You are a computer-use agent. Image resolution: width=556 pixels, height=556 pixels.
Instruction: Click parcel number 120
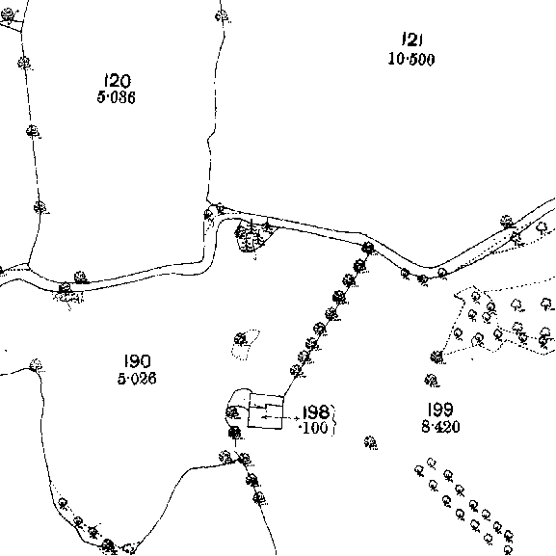[117, 81]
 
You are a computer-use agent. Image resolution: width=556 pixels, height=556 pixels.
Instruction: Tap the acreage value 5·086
[117, 97]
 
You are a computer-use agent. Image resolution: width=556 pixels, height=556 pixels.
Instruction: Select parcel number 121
[412, 40]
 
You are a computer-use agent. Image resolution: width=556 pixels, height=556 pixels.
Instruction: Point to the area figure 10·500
[411, 59]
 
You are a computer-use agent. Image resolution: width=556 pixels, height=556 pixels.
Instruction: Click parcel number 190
[138, 361]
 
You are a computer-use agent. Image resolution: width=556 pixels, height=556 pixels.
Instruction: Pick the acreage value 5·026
[137, 379]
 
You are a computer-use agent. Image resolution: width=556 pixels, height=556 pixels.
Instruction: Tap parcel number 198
[316, 412]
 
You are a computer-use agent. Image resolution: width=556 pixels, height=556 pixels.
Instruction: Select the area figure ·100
[314, 428]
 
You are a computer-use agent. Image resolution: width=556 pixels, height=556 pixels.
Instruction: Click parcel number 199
[440, 410]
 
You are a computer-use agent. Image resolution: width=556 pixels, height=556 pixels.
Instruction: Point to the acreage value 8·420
[440, 427]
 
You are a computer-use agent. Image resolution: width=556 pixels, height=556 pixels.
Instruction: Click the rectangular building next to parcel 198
[266, 411]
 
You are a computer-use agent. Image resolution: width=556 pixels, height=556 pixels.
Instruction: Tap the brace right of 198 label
[333, 419]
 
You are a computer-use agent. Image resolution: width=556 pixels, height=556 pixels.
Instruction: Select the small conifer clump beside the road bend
[252, 235]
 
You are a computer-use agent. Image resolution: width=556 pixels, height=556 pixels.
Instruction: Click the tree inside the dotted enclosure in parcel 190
[241, 339]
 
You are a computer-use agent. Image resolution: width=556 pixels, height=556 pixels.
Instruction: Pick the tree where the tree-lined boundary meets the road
[368, 248]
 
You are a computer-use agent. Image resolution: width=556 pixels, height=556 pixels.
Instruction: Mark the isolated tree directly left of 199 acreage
[370, 442]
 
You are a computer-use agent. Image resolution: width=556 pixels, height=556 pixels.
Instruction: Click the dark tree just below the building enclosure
[234, 433]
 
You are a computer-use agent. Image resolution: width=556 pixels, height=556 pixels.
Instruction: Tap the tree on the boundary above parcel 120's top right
[222, 16]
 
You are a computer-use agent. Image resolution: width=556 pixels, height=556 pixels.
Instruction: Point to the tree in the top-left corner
[8, 14]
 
